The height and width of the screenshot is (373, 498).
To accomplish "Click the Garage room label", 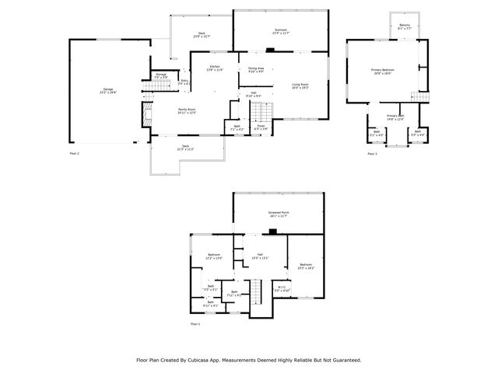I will coord(108,90).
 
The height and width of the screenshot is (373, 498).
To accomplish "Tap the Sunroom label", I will coord(280,32).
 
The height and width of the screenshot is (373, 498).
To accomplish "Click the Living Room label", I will coord(300,85).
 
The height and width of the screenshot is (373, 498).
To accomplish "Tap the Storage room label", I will coord(160,76).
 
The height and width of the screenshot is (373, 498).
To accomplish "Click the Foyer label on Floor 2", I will coord(261,125).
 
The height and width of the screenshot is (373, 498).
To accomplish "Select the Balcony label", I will coord(405,26).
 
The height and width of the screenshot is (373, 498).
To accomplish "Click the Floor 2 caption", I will coord(75,154).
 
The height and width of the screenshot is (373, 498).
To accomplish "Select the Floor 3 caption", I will coord(372,154).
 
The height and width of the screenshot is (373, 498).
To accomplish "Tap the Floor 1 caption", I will coord(195,323).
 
